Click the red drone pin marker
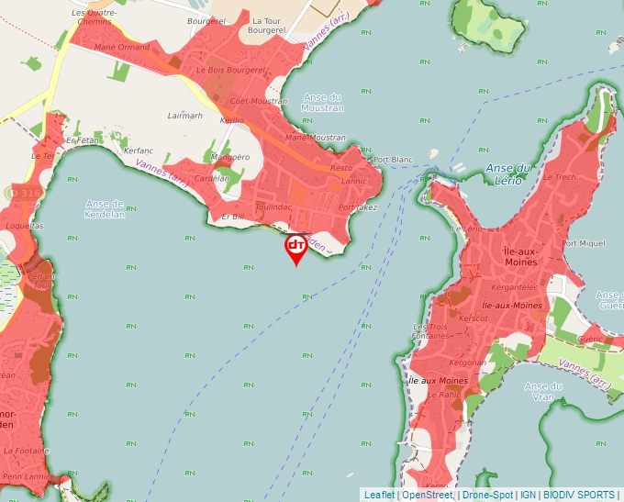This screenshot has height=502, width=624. point(296,247)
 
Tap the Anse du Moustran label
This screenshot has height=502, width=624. point(322,103)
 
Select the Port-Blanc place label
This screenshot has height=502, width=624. point(395,160)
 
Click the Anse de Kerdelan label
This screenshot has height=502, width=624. point(104,208)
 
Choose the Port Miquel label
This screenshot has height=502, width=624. point(584,243)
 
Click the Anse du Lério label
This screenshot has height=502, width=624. point(509,174)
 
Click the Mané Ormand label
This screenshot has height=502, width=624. point(122,47)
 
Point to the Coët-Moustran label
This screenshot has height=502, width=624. point(258,101)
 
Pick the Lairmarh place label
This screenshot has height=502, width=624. point(185,116)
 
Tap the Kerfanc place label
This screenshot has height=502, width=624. point(139,150)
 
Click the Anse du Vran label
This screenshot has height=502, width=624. point(542,392)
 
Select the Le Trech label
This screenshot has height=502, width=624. point(559,177)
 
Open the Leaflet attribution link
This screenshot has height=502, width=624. point(379,495)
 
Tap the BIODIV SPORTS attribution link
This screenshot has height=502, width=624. point(582,495)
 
